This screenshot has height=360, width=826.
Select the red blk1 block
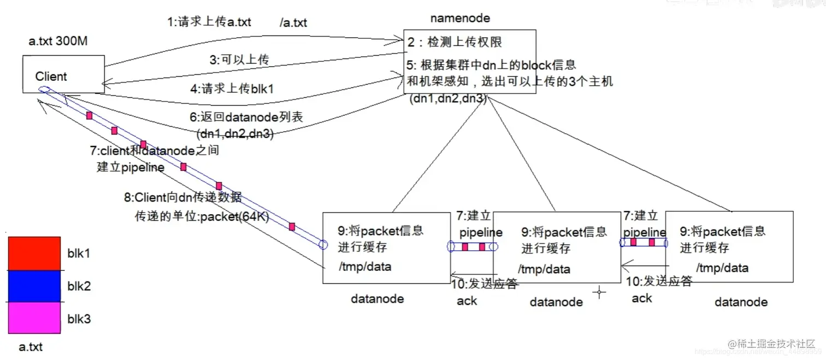33,253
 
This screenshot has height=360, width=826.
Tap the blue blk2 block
33,286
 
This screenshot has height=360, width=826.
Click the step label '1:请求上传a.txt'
209,22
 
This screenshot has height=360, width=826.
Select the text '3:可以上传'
239,60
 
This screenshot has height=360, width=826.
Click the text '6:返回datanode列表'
246,117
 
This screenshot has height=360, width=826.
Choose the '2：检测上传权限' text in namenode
455,42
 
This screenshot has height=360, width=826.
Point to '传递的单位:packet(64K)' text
202,217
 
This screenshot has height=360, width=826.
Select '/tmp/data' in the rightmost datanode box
722,268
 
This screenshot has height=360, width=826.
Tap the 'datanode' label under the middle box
556,302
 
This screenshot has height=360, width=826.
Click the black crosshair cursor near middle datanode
599,293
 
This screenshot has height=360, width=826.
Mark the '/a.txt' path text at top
293,22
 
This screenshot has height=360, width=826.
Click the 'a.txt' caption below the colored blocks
31,346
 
